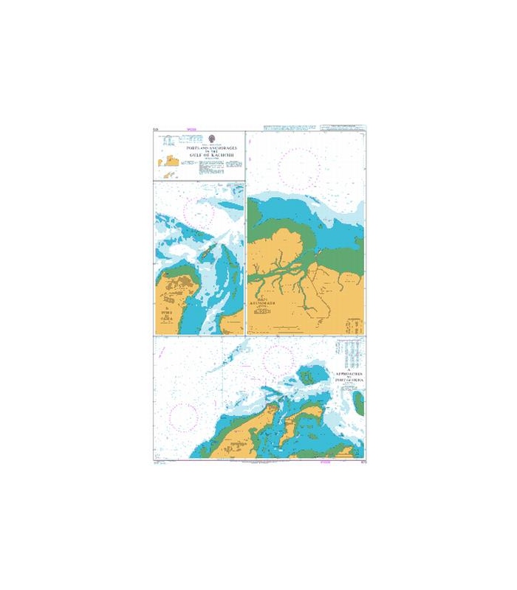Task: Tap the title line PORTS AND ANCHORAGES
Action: (212, 145)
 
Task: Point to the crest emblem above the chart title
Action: (212, 138)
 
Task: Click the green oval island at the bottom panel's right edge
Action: (360, 402)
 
